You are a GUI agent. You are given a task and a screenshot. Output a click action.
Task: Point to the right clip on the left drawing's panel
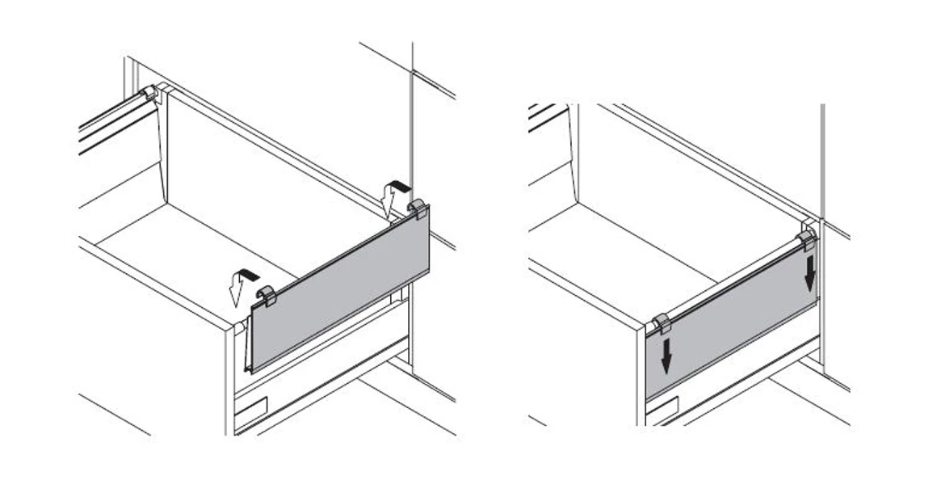click(418, 209)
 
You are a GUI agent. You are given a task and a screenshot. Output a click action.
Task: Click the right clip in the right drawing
click(806, 239)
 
